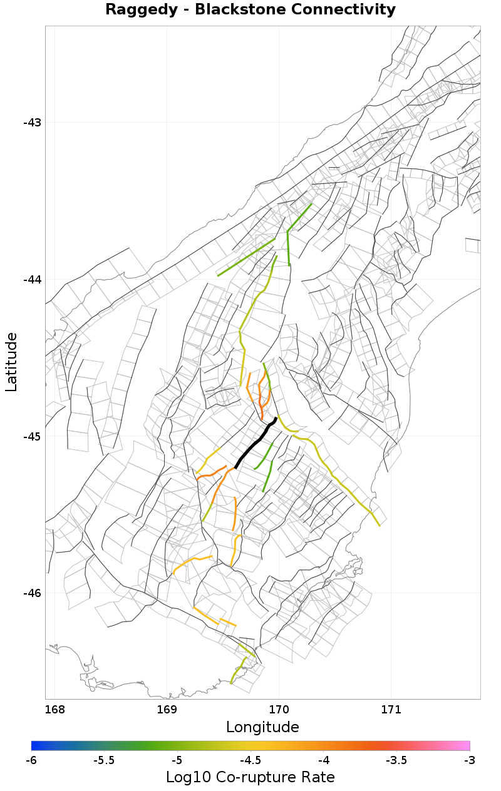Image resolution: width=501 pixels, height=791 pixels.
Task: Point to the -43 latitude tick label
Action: pyautogui.click(x=32, y=123)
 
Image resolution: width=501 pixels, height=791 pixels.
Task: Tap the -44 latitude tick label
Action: pyautogui.click(x=32, y=280)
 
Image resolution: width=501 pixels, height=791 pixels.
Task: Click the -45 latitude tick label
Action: pyautogui.click(x=32, y=437)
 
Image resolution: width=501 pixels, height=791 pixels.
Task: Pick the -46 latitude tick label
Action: pyautogui.click(x=32, y=593)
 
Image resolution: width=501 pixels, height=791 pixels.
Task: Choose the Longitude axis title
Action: pyautogui.click(x=262, y=727)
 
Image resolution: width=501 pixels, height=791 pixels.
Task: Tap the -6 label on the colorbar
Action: pyautogui.click(x=31, y=760)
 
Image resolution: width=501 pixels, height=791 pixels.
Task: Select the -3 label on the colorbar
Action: pyautogui.click(x=470, y=760)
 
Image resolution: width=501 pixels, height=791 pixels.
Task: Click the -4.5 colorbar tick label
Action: pyautogui.click(x=250, y=760)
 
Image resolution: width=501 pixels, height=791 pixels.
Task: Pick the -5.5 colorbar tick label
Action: pyautogui.click(x=104, y=760)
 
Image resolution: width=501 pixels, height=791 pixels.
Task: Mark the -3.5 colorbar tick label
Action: pyautogui.click(x=396, y=760)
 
